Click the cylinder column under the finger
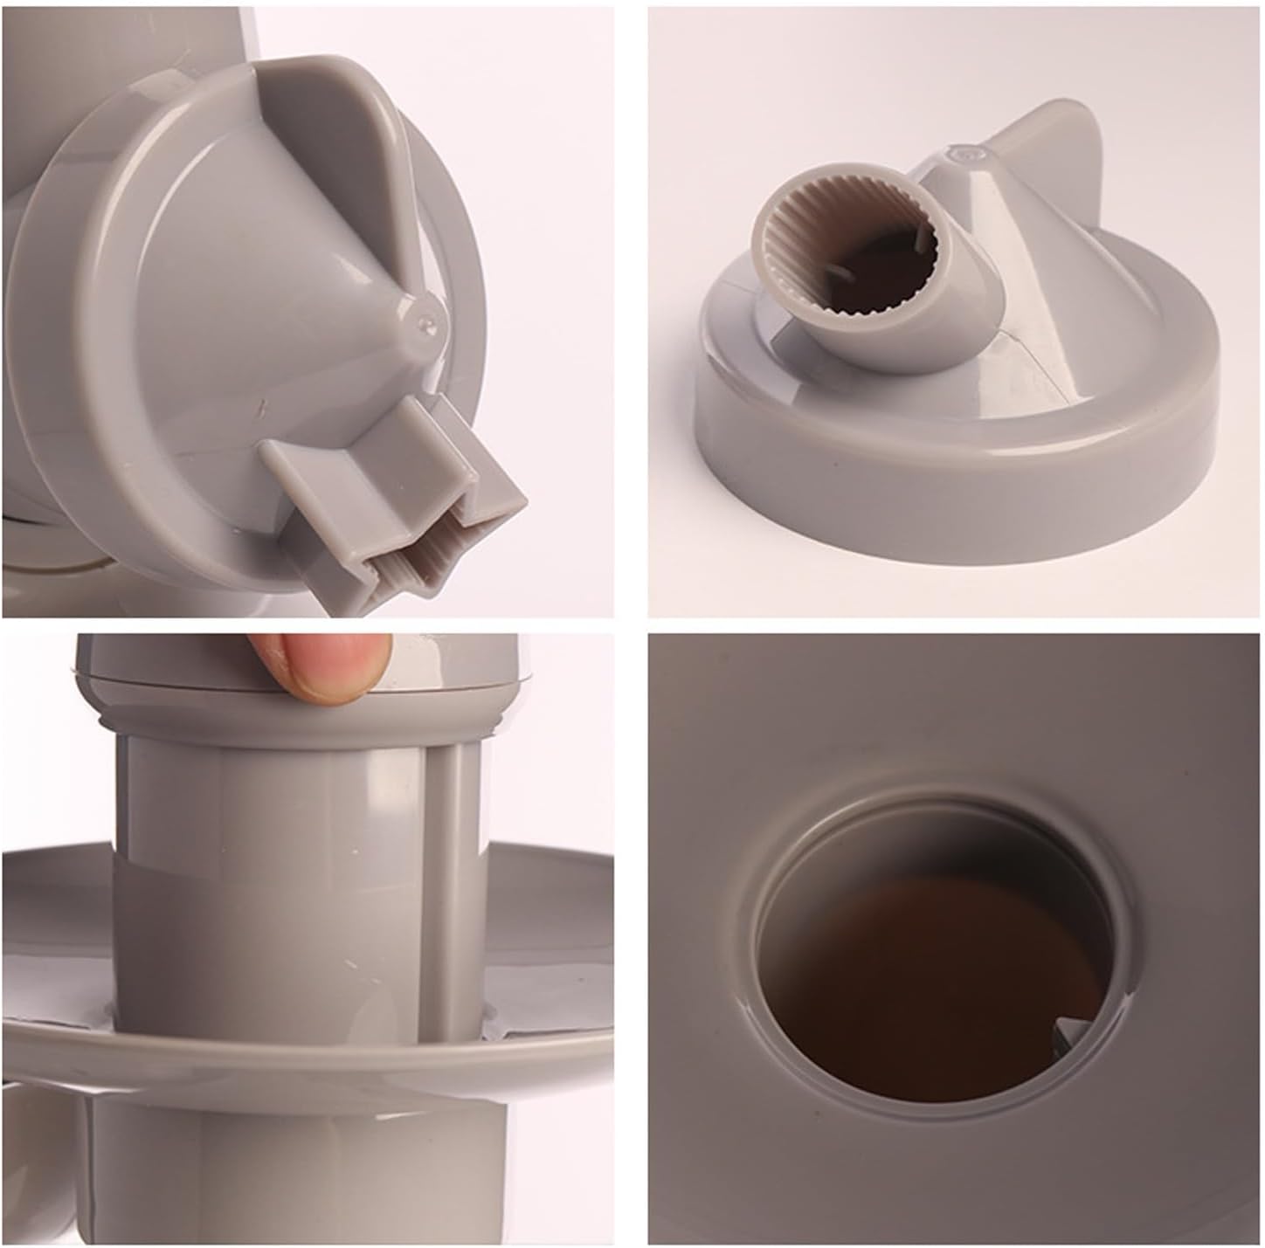288,873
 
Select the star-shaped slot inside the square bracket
428,572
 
